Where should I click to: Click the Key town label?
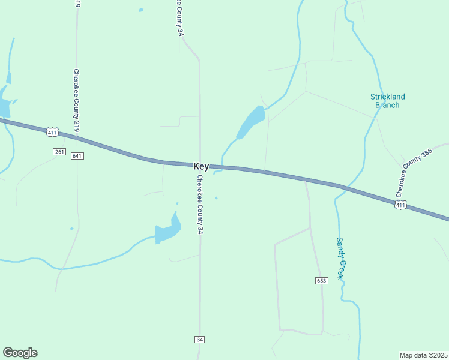[x=201, y=166]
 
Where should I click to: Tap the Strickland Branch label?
[x=387, y=101]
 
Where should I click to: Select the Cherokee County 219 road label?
[x=77, y=100]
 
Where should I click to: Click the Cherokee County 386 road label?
[x=414, y=173]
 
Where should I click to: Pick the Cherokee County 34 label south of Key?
[x=200, y=204]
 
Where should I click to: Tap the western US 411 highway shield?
[x=52, y=132]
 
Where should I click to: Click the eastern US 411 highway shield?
[x=401, y=205]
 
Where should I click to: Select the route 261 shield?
[x=59, y=152]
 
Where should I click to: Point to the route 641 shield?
[x=77, y=156]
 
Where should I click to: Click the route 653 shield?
[x=321, y=281]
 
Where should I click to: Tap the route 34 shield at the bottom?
[x=200, y=340]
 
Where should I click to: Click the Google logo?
[x=20, y=353]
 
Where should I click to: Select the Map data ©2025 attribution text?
[x=423, y=355]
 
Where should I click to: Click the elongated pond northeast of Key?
[x=251, y=122]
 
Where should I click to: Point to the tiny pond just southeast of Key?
[x=216, y=198]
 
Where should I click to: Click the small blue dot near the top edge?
[x=141, y=10]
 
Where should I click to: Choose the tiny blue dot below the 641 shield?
[x=71, y=228]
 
